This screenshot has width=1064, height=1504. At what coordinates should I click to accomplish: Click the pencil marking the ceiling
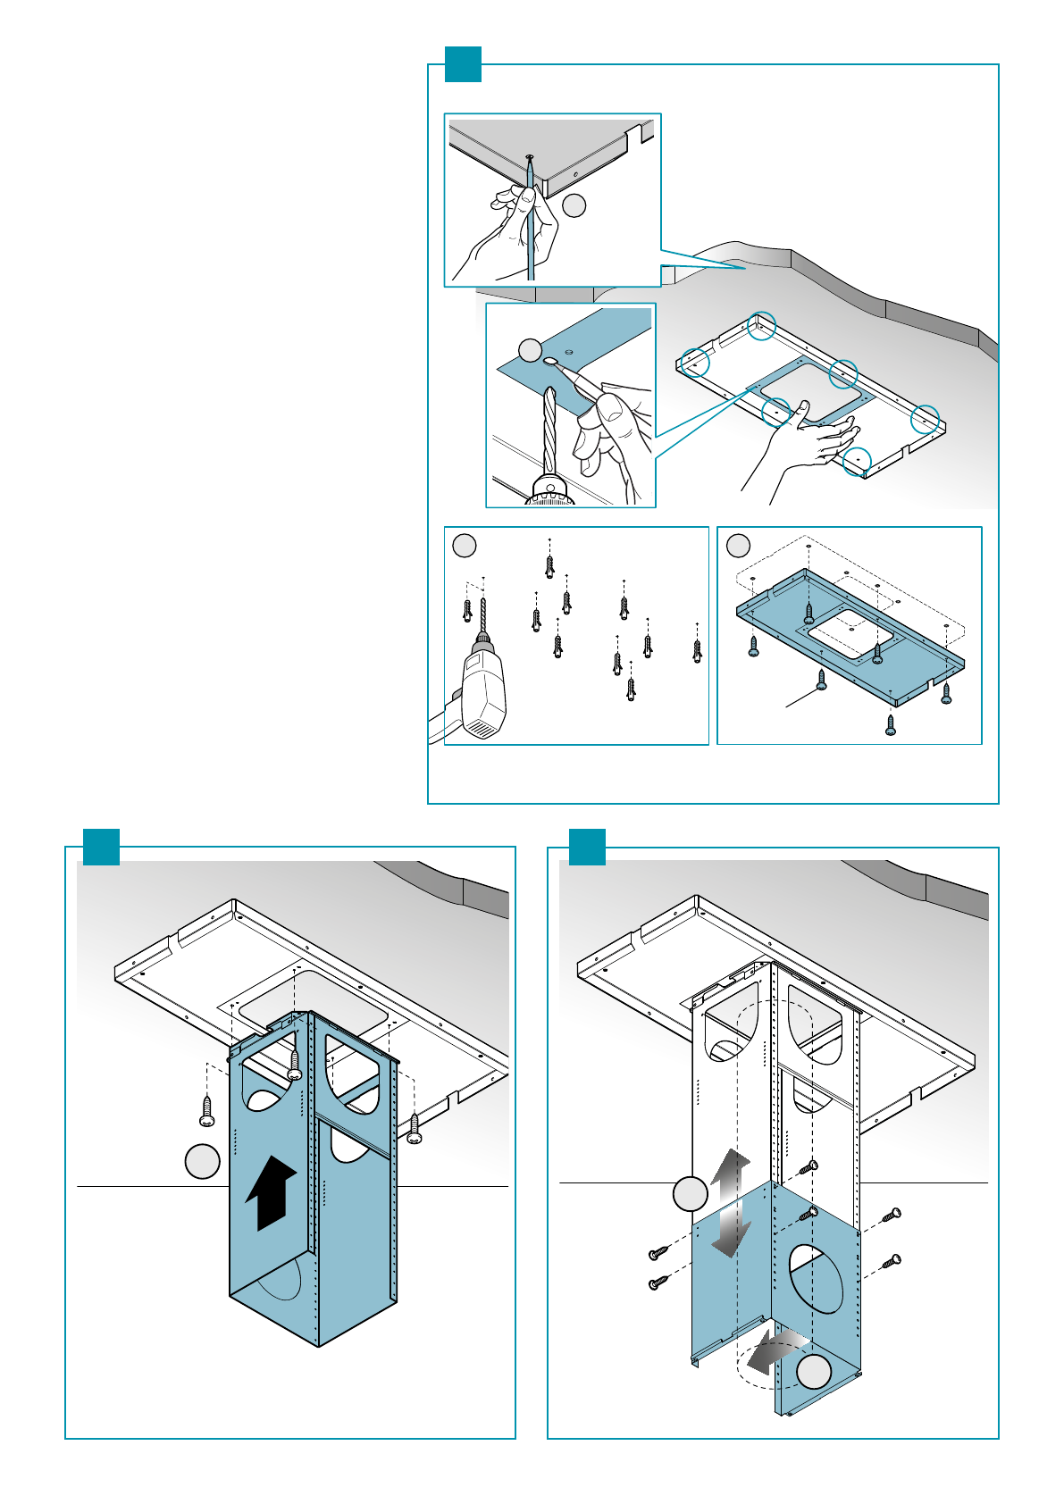pyautogui.click(x=531, y=223)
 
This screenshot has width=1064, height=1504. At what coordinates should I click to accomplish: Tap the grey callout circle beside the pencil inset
pyautogui.click(x=574, y=205)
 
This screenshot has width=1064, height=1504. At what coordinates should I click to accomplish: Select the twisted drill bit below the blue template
pyautogui.click(x=549, y=429)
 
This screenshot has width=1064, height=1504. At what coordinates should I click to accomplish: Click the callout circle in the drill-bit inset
pyautogui.click(x=531, y=349)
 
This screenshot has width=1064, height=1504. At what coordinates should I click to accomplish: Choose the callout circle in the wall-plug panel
pyautogui.click(x=465, y=546)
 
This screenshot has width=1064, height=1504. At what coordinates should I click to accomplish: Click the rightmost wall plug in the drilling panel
pyautogui.click(x=698, y=651)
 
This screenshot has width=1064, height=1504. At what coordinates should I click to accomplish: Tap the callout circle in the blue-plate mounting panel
pyautogui.click(x=738, y=545)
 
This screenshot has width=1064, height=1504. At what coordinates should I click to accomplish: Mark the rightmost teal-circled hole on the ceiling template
pyautogui.click(x=926, y=418)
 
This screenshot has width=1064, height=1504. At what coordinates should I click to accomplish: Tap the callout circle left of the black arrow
pyautogui.click(x=203, y=1161)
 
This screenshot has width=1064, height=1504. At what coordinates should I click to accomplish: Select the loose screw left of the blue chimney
pyautogui.click(x=206, y=1110)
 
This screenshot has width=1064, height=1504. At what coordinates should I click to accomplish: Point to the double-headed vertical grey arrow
pyautogui.click(x=731, y=1201)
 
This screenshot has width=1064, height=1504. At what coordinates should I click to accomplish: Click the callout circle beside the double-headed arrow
pyautogui.click(x=690, y=1194)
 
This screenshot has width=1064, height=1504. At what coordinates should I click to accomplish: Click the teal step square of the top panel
pyautogui.click(x=463, y=64)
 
